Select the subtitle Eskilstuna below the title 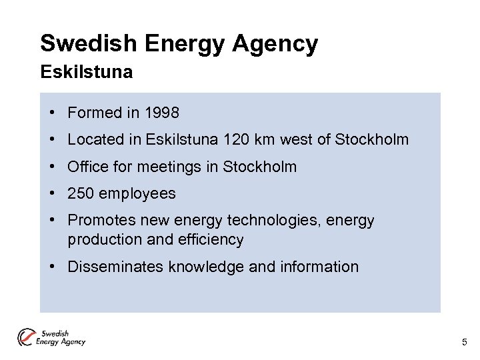tap(86, 72)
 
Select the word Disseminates tap(116, 267)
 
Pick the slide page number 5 tap(465, 343)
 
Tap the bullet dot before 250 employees tap(51, 194)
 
